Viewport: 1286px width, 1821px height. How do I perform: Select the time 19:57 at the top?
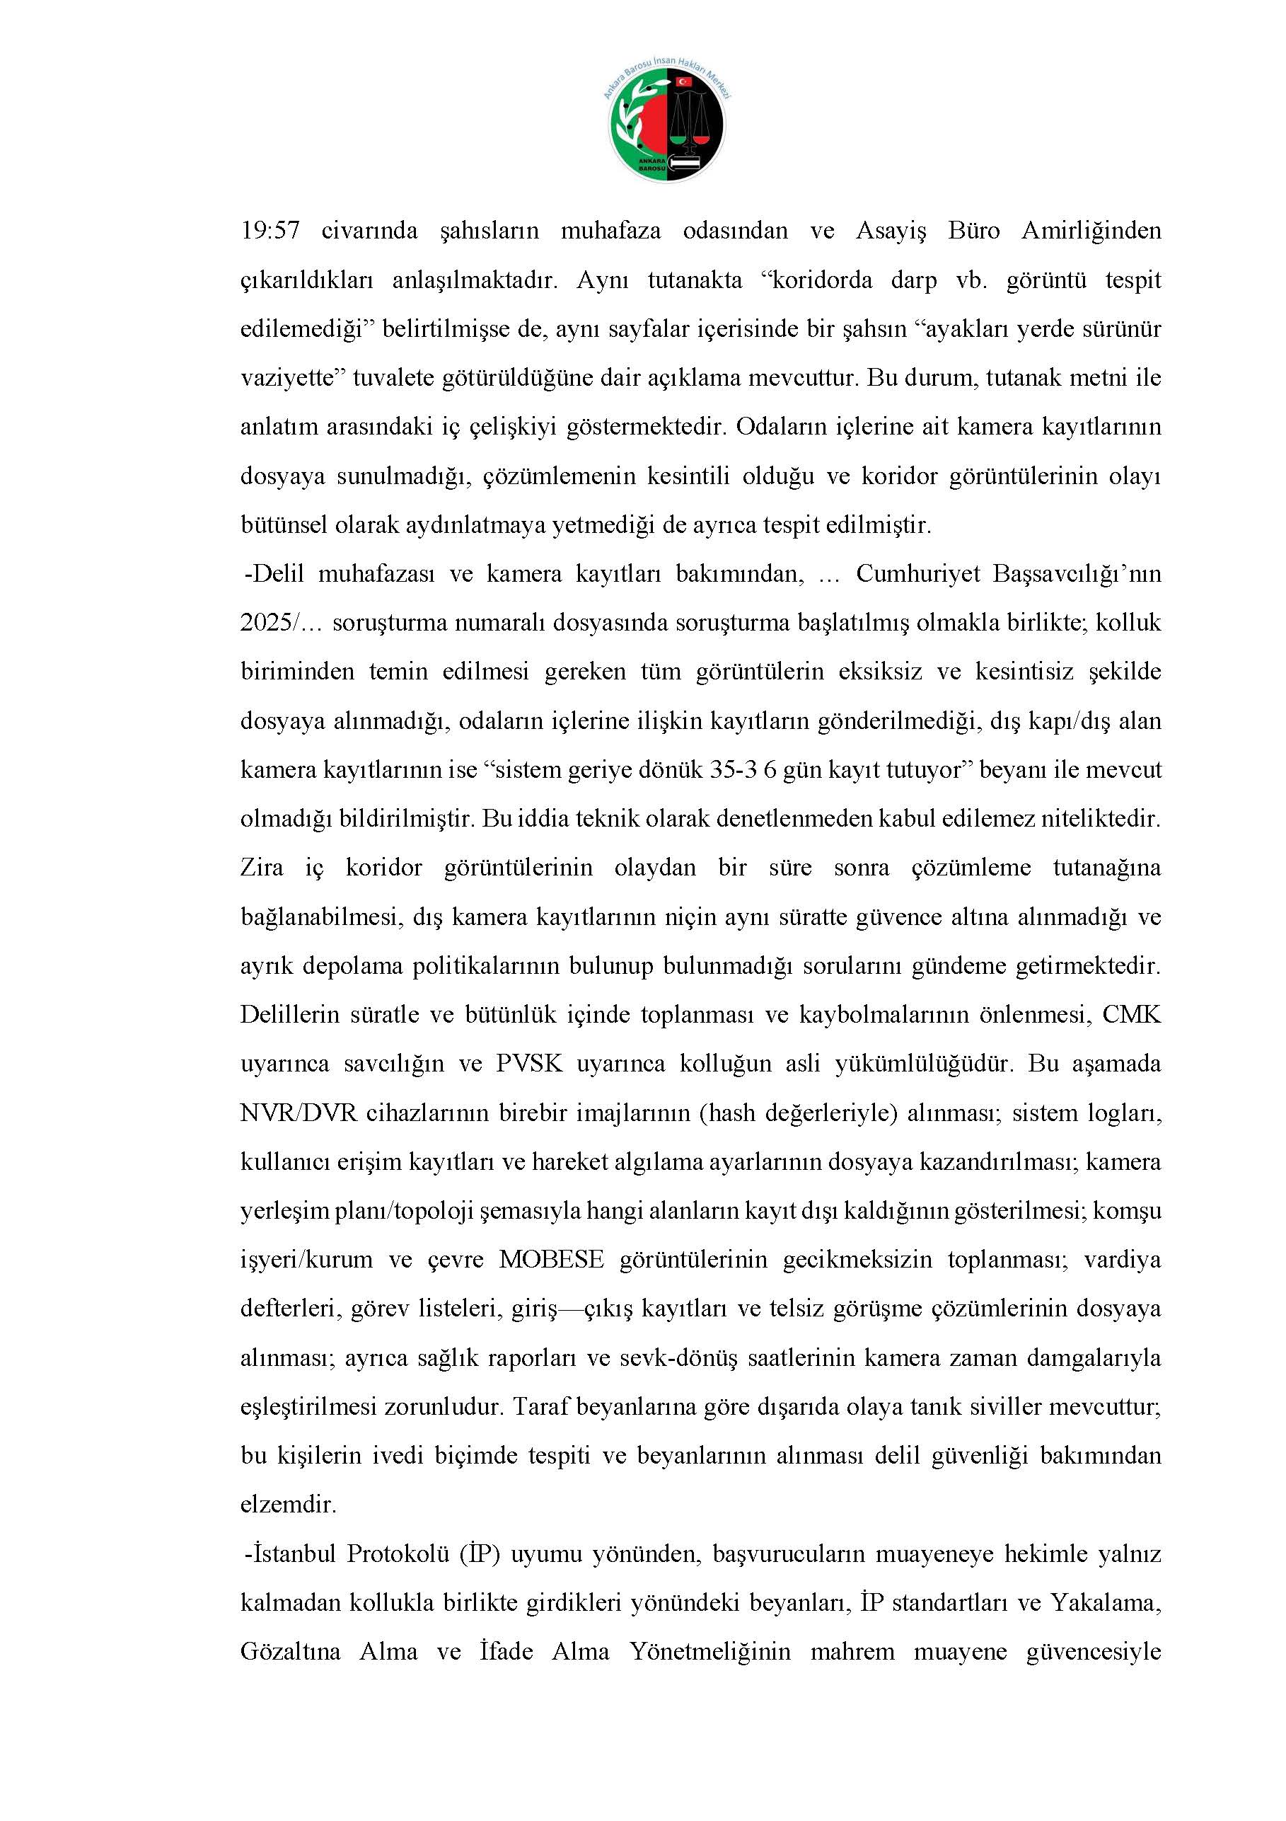(x=270, y=231)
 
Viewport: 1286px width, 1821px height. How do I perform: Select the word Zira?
(x=262, y=868)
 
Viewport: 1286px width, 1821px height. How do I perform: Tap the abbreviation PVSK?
(x=530, y=1064)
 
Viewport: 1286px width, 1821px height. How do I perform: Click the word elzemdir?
(x=289, y=1505)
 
